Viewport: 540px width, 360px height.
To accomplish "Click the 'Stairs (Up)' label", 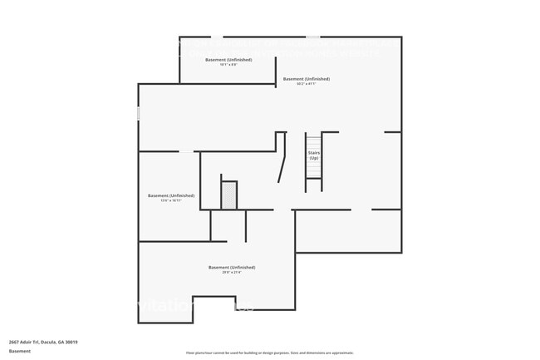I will [314, 155].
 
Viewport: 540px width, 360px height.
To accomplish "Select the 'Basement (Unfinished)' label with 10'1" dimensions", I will [228, 60].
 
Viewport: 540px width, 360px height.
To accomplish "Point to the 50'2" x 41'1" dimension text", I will [307, 84].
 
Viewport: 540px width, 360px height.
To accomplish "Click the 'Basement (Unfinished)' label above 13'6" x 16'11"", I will [171, 195].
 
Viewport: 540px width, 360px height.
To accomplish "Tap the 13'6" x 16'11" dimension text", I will [171, 201].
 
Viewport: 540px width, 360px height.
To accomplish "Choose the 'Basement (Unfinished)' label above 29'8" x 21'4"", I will [232, 267].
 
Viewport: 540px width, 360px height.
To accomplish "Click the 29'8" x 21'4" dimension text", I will [232, 273].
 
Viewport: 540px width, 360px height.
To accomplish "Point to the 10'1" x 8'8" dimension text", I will [228, 65].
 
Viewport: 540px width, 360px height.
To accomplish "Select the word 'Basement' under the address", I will [20, 351].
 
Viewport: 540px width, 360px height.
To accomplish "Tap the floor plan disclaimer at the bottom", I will [269, 353].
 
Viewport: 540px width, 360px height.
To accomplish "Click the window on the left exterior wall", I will [139, 112].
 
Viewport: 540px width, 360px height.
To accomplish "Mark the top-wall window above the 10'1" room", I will [215, 37].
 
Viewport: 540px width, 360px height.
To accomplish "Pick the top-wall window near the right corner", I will [312, 37].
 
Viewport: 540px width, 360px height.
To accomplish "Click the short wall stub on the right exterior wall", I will [393, 131].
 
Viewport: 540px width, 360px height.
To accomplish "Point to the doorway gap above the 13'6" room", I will [188, 151].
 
